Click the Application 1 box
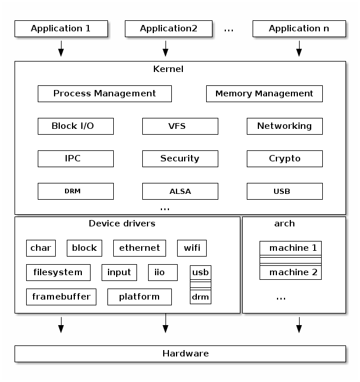point(61,28)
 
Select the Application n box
point(299,28)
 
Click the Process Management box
point(105,93)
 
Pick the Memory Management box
point(264,93)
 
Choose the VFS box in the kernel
point(180,126)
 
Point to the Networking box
point(285,126)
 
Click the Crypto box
point(285,158)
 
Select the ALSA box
point(180,191)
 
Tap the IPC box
point(75,158)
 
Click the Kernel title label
point(168,69)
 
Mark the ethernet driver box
point(139,248)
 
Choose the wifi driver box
point(192,248)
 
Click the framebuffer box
point(61,297)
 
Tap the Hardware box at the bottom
point(180,354)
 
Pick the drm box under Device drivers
point(200,297)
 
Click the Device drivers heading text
point(122,224)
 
